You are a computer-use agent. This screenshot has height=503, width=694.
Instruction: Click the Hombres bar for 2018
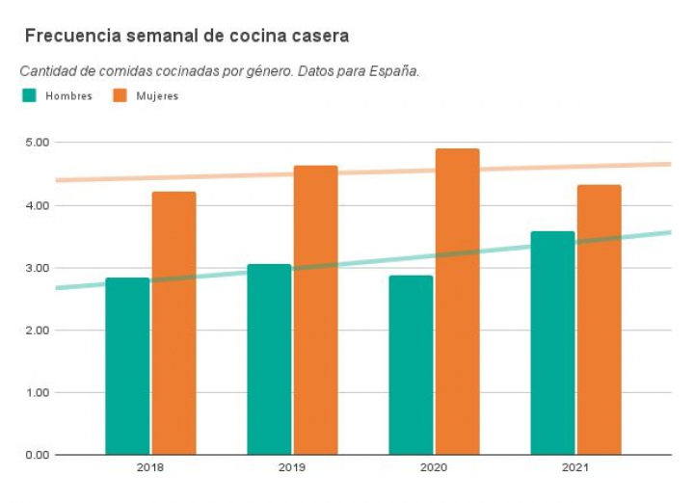(127, 366)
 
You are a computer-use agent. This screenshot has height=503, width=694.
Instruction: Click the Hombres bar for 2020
(411, 365)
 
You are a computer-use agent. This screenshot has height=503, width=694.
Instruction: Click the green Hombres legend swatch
(29, 95)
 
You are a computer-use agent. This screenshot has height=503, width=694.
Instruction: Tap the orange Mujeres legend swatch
(120, 95)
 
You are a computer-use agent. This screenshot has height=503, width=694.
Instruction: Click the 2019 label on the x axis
(292, 467)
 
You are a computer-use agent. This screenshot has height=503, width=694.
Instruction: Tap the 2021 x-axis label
(575, 467)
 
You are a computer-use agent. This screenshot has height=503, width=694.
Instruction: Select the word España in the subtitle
(392, 71)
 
